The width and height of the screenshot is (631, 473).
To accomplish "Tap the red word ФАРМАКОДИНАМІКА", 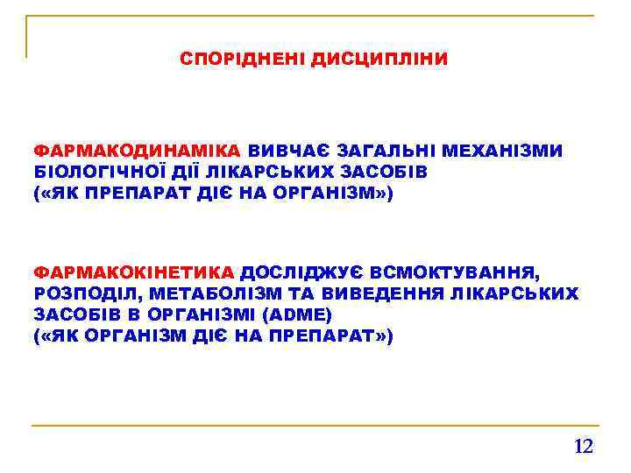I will tap(138, 152).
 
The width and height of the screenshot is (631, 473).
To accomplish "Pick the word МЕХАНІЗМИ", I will tap(508, 152).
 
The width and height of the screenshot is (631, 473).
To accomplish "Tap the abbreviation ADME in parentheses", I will tap(301, 314).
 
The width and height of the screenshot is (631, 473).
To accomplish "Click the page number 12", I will tap(583, 447).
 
